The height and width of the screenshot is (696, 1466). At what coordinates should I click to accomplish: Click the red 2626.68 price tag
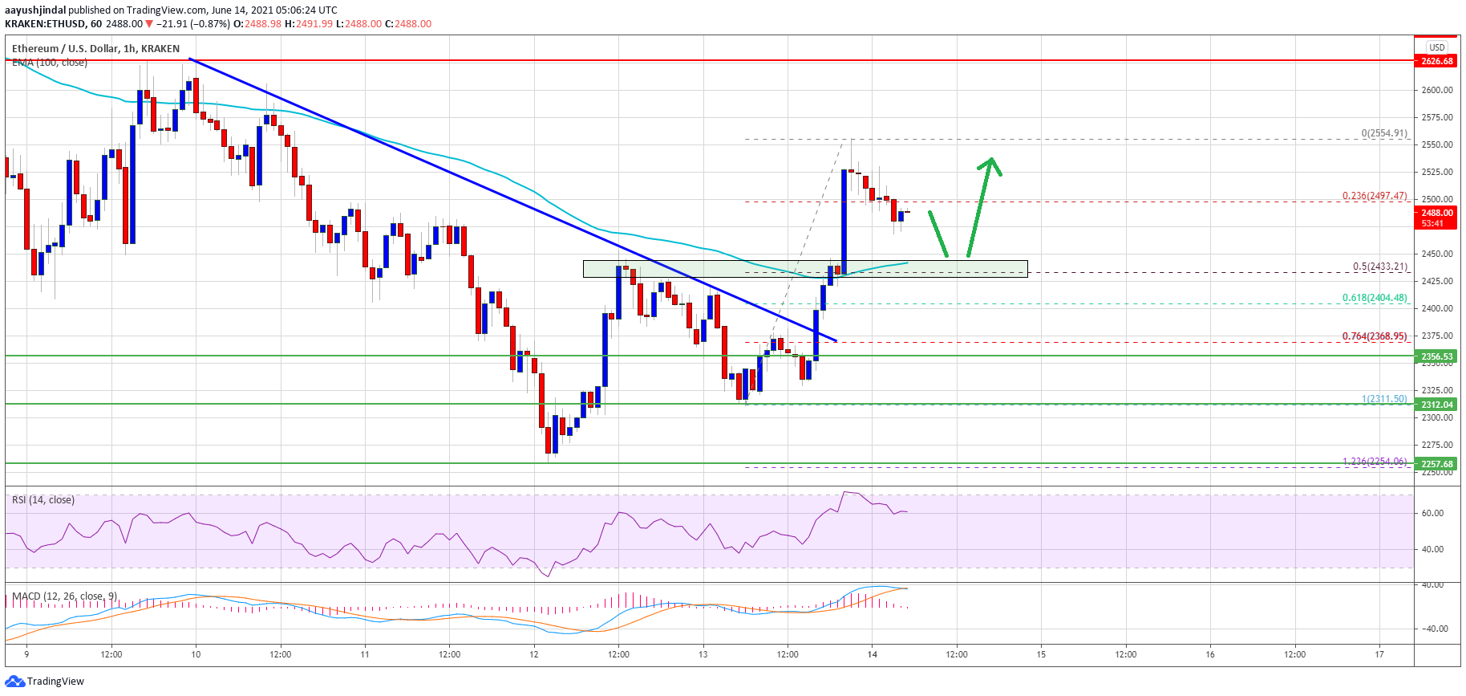click(1436, 61)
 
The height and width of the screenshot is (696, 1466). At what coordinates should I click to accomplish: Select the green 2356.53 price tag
click(1436, 356)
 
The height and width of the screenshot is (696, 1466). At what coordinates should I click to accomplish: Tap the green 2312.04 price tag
click(1436, 405)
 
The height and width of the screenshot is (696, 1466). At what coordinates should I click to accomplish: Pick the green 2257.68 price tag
click(1436, 464)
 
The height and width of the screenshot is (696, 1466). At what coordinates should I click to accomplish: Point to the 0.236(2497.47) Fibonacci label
click(1375, 196)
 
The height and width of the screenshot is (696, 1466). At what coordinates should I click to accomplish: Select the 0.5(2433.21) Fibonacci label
click(1379, 267)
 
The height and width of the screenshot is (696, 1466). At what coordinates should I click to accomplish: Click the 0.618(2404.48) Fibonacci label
click(1375, 298)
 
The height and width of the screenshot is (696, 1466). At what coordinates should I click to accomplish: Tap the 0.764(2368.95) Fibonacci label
click(1375, 336)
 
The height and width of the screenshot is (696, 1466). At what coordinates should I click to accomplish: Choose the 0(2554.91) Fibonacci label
click(1383, 133)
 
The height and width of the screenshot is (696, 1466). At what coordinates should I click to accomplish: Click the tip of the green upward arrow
click(993, 159)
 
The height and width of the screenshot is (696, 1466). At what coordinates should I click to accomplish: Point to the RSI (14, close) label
click(43, 500)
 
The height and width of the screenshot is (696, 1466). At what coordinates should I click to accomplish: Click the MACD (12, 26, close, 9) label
click(65, 596)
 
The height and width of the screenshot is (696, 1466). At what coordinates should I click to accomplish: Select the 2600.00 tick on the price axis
click(1437, 90)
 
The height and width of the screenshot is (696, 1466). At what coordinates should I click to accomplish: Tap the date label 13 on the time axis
click(703, 654)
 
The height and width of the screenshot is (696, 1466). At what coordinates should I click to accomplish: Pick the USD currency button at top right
click(1437, 47)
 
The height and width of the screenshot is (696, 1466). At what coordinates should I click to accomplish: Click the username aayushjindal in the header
click(35, 10)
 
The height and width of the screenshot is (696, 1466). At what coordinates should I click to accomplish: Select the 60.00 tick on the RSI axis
click(1432, 513)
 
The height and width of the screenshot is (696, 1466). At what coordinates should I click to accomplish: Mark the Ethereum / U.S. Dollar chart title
click(95, 49)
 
